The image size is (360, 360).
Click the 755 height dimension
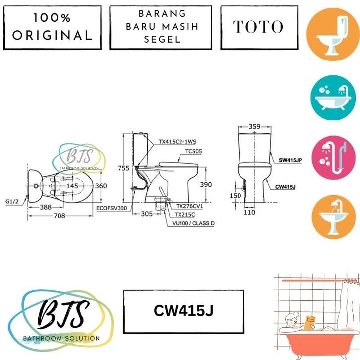click(x=123, y=168)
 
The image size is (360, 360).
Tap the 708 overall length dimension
click(x=59, y=216)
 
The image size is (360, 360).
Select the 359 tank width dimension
click(x=254, y=126)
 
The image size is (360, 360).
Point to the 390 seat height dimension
click(x=206, y=185)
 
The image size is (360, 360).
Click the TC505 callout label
click(x=194, y=151)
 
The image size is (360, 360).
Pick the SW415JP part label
click(x=290, y=160)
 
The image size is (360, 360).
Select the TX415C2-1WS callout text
click(x=178, y=142)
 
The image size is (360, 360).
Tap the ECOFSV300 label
click(x=112, y=208)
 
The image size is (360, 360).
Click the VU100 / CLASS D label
click(x=193, y=223)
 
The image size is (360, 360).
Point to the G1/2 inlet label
click(x=12, y=202)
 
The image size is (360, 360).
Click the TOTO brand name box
click(x=259, y=28)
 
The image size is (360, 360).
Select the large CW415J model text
click(x=183, y=310)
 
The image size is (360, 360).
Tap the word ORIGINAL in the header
click(x=53, y=36)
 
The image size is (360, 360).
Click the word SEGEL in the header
click(x=162, y=40)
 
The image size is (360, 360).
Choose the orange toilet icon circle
click(x=333, y=34)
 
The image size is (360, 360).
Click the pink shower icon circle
click(x=333, y=158)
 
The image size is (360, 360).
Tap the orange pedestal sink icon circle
click(x=333, y=217)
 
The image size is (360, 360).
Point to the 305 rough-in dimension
click(x=147, y=214)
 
